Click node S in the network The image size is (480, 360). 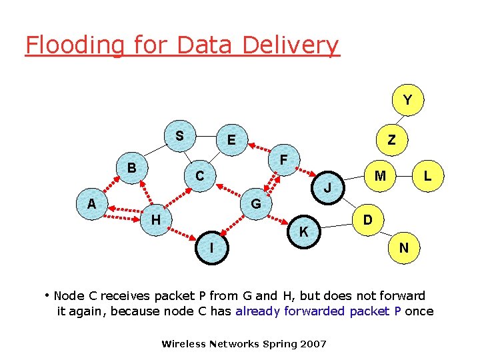[179, 135]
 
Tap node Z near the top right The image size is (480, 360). [391, 139]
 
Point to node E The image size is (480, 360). [231, 140]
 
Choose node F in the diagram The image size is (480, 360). [284, 161]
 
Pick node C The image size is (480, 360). [199, 176]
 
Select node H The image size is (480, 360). [155, 219]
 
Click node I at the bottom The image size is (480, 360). [211, 247]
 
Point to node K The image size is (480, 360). [303, 231]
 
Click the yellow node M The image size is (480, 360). [380, 176]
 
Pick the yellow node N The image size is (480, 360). [404, 248]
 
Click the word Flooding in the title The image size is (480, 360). [74, 45]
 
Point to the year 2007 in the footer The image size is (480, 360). [313, 344]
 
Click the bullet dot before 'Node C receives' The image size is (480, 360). [47, 294]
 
